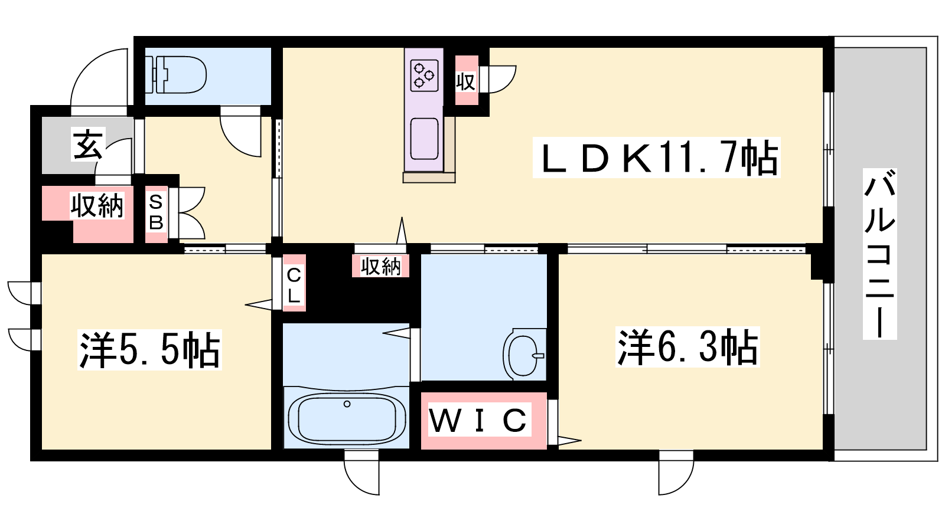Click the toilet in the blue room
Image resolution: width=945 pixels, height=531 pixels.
177,76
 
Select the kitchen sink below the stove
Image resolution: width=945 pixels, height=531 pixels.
424,139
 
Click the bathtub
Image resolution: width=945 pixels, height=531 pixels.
347,418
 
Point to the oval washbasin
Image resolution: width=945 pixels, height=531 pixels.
524,355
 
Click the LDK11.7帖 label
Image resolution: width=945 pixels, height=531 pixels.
656,158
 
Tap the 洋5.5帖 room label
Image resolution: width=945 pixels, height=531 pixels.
150,349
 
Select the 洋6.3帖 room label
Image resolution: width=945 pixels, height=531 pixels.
687,347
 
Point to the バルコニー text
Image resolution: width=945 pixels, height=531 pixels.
879,254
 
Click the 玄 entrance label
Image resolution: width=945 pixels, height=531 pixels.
88,145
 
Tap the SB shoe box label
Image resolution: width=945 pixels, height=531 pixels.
156,212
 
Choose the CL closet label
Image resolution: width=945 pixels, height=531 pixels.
294,286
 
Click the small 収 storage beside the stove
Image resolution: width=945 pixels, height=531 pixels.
466,81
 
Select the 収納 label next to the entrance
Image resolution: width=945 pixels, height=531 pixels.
97,206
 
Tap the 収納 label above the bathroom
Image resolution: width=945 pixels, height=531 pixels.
380,266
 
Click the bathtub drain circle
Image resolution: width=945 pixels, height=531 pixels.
347,404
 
